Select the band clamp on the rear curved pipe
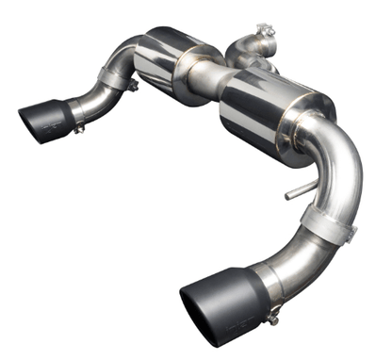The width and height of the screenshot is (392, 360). click(117, 81)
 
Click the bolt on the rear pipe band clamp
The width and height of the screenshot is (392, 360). click(135, 86)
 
